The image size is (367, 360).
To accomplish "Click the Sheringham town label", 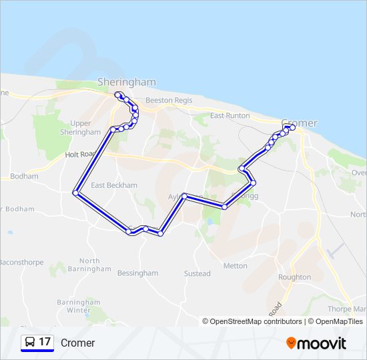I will click(127, 82).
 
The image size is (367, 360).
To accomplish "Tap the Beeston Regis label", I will click(169, 100).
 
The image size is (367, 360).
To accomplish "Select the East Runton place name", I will click(230, 115).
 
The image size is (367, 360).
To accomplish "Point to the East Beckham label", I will click(114, 185).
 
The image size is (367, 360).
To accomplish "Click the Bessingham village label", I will click(137, 273).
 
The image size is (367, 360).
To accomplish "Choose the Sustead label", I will click(198, 273).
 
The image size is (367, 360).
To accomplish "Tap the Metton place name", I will click(236, 266).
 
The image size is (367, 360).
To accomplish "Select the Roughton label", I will click(294, 277).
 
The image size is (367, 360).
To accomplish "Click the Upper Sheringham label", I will click(80, 127).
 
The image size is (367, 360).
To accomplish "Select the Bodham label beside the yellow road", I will click(24, 177).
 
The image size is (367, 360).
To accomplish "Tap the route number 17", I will click(45, 342).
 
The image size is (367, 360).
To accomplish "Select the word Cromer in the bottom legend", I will click(78, 343).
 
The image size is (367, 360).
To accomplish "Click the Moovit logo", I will click(316, 343).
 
